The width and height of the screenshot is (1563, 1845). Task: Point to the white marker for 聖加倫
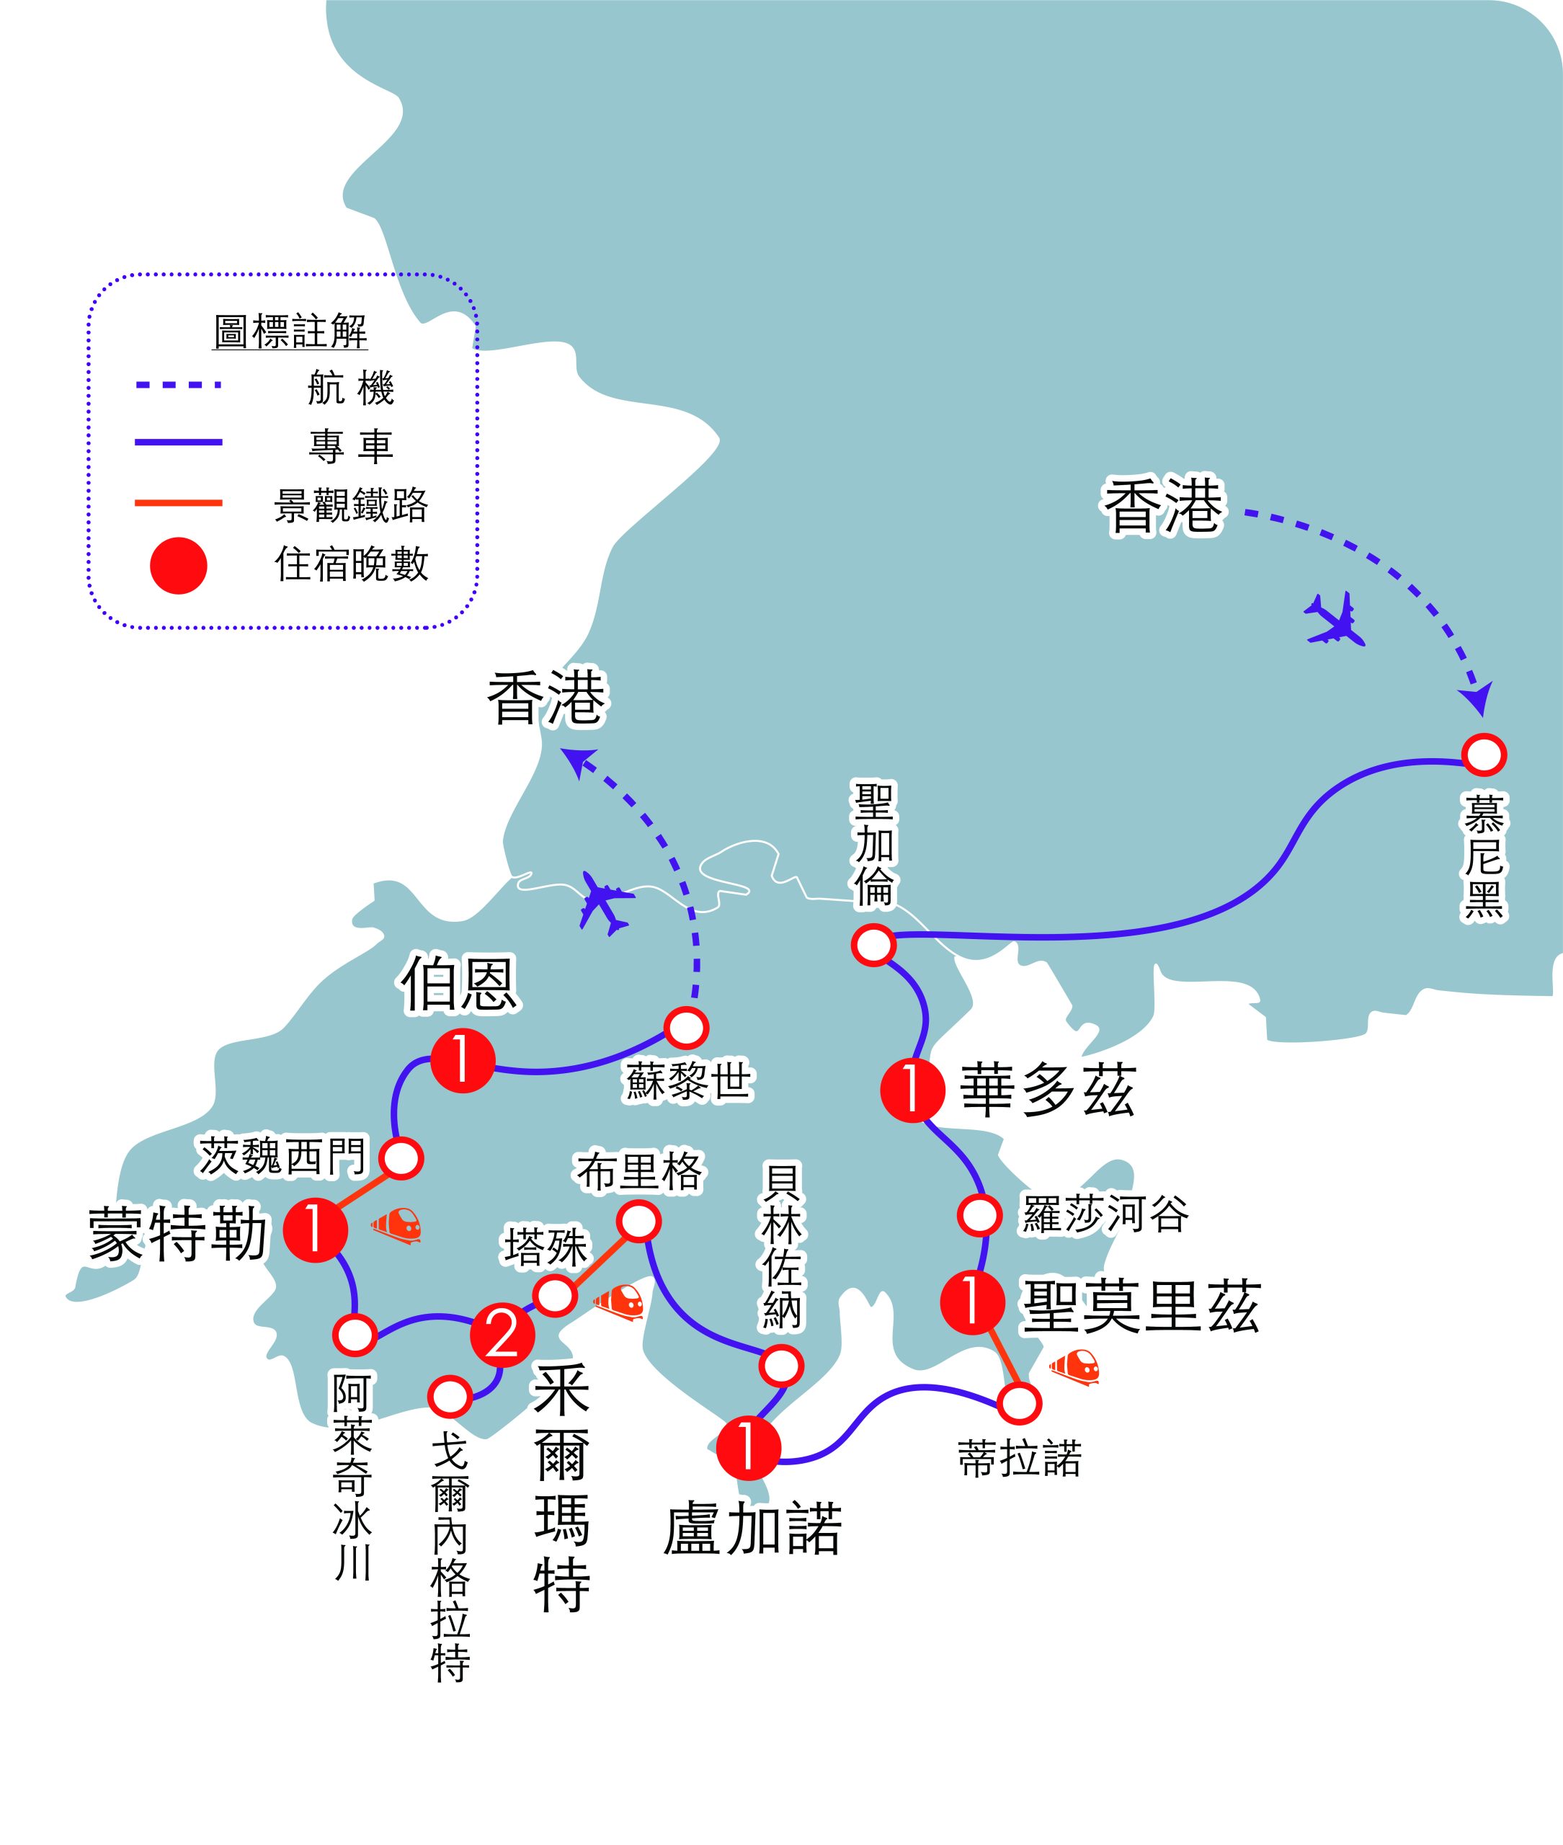point(873,946)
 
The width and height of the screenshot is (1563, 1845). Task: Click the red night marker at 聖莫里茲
point(972,1301)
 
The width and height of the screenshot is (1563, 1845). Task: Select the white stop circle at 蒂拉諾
point(1019,1402)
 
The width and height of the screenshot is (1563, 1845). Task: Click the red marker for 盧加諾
point(749,1448)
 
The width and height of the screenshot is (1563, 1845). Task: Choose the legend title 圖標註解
point(290,332)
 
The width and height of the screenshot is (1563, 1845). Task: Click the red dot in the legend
point(178,565)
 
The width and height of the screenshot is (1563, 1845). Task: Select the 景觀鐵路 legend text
point(351,505)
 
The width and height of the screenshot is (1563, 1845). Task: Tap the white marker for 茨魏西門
point(401,1158)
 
